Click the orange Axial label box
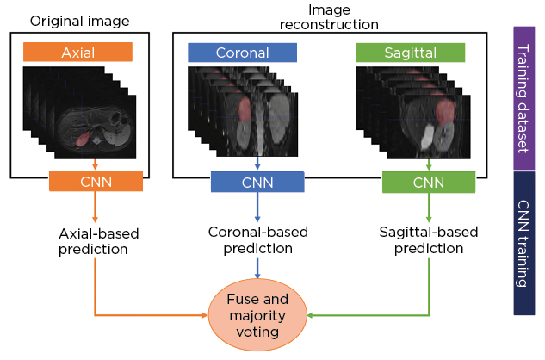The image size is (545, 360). (x=78, y=52)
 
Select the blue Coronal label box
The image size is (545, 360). (x=242, y=52)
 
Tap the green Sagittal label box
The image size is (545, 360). (x=411, y=52)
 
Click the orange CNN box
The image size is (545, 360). (x=94, y=181)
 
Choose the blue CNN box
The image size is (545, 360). (x=257, y=182)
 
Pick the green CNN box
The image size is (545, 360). (x=427, y=182)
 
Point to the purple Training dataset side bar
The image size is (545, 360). (x=523, y=96)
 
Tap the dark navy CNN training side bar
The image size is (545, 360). (x=523, y=242)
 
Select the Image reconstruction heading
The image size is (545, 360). (x=323, y=16)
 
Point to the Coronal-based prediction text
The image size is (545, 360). (x=257, y=240)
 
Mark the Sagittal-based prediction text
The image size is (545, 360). (x=428, y=240)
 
